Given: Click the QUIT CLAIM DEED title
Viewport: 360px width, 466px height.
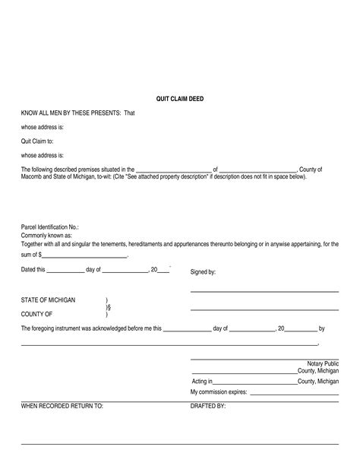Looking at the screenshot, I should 179,98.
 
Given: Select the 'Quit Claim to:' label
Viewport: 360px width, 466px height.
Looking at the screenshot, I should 36,141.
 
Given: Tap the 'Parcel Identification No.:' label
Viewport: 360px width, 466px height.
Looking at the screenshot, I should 49,227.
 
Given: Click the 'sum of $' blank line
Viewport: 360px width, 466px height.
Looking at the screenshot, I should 84,257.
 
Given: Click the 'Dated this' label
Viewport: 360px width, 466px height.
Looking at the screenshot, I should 33,270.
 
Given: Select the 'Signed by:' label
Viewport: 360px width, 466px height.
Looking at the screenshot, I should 203,271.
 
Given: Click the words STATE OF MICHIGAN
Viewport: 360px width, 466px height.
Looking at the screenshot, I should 48,300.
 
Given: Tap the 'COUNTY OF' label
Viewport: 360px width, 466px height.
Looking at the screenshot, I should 36,313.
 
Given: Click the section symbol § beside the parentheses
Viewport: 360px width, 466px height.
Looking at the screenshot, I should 109,307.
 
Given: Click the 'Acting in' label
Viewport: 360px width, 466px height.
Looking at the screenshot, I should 201,381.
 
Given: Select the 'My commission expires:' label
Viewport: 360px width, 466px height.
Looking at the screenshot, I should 219,392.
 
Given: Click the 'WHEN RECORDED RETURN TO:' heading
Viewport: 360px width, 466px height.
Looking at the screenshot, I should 62,407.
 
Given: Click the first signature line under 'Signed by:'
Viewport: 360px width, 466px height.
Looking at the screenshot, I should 264,291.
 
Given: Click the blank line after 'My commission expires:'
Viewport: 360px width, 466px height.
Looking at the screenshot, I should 294,394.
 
